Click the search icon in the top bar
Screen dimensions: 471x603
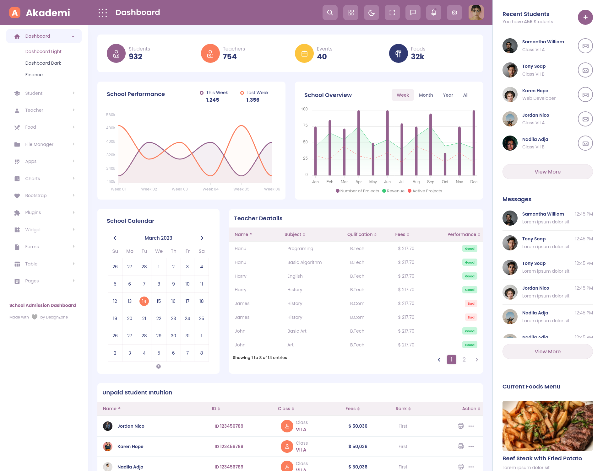point(330,13)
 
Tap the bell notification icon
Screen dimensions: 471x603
point(433,13)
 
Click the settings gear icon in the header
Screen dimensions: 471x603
point(454,13)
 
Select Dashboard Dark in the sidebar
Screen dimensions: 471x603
point(43,63)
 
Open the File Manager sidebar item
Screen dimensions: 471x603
point(39,144)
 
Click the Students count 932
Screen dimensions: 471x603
point(135,57)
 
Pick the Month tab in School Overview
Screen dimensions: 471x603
point(426,95)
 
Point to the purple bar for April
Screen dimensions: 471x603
point(358,143)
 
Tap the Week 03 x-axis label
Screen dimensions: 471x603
point(180,189)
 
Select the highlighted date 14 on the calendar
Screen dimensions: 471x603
point(144,301)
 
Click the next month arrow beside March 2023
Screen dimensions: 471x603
point(202,238)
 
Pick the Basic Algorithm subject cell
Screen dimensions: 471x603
point(304,262)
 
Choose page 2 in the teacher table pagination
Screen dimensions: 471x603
point(464,360)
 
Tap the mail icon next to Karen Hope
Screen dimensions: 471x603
point(585,95)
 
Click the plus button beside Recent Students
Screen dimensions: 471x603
point(585,17)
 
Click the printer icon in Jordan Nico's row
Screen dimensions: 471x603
point(460,426)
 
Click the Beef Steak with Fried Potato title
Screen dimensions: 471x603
point(542,458)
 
